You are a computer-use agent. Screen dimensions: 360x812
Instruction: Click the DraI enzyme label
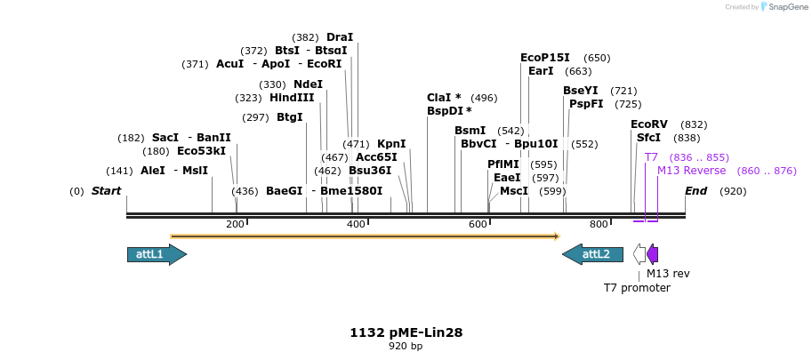[x=340, y=37]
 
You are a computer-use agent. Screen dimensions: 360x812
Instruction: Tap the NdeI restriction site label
[x=308, y=84]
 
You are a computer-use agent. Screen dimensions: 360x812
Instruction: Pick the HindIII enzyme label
[x=292, y=98]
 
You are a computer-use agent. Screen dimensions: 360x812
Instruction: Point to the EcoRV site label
[x=648, y=124]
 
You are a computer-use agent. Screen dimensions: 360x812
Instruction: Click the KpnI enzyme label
[x=391, y=144]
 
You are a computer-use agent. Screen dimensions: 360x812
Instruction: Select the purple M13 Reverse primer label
[x=691, y=171]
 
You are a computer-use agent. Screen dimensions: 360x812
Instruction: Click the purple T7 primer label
[x=651, y=157]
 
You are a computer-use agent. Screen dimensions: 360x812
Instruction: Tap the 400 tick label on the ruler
[x=356, y=225]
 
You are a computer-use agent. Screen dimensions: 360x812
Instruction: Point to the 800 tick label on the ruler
[x=599, y=225]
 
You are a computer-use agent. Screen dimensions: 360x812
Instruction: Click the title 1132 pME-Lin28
[x=406, y=332]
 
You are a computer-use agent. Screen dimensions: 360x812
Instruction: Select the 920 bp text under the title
[x=406, y=346]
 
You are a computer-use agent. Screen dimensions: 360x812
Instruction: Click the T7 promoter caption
[x=637, y=288]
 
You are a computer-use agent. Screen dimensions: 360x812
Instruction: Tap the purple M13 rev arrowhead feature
[x=653, y=255]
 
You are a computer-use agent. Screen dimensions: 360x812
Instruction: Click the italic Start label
[x=106, y=191]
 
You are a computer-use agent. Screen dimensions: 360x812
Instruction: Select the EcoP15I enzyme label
[x=544, y=58]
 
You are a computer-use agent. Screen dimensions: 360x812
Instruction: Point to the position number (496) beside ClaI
[x=484, y=98]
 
